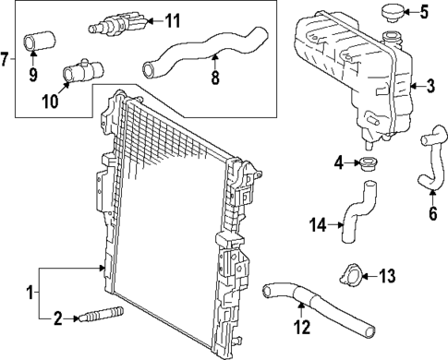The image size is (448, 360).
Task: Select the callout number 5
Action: point(425,13)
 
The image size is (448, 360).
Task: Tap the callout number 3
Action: point(430,88)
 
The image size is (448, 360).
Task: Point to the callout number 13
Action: point(386,274)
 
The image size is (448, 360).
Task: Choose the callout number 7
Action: point(6,61)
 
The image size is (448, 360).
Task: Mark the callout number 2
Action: point(57,319)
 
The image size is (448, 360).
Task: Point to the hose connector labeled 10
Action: point(77,72)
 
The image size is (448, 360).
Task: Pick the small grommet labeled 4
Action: point(362,165)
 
